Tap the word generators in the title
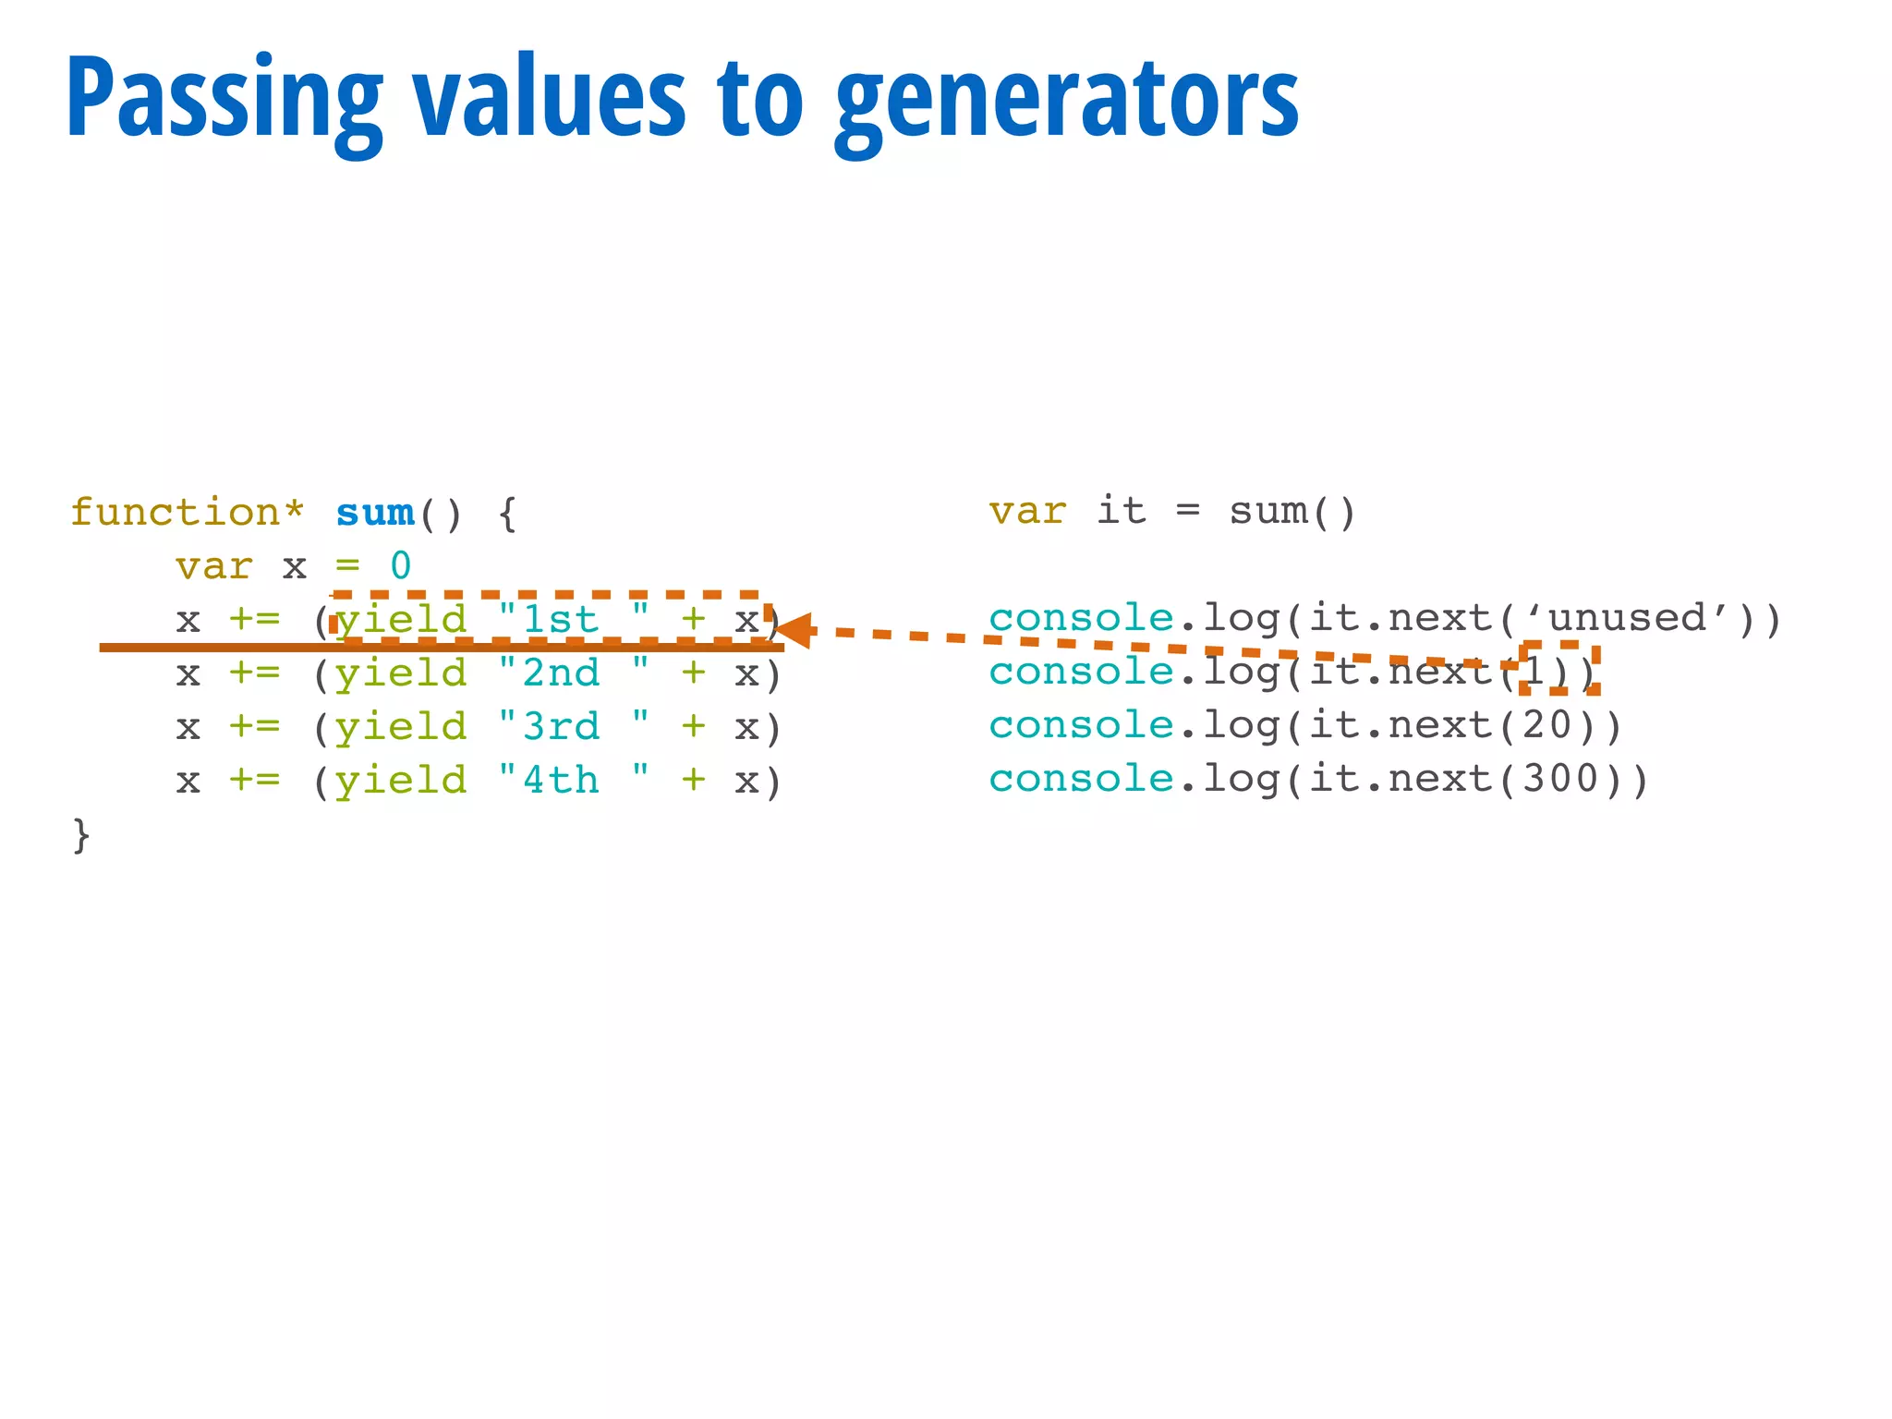click(1067, 100)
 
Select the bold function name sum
click(375, 512)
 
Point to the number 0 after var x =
click(400, 565)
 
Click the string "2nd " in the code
click(573, 673)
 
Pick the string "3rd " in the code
click(573, 726)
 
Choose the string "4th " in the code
click(573, 780)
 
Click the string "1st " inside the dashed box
click(573, 618)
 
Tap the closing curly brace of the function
click(81, 834)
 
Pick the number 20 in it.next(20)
click(1547, 726)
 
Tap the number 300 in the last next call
click(1560, 780)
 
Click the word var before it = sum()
click(1027, 511)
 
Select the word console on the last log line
click(1081, 780)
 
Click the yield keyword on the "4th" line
click(401, 782)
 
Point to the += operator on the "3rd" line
click(254, 726)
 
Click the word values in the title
click(551, 100)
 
